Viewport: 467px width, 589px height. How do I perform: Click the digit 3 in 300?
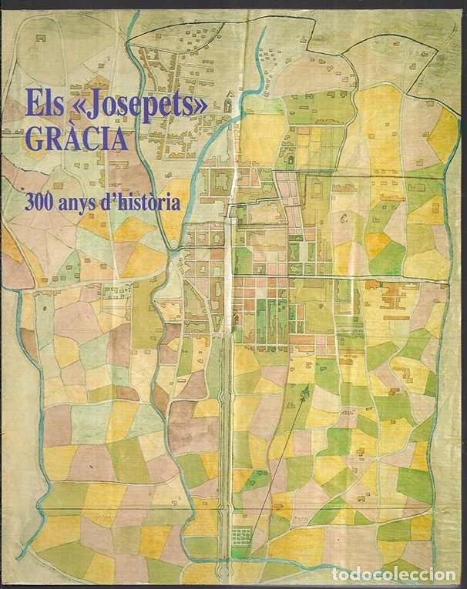click(x=30, y=202)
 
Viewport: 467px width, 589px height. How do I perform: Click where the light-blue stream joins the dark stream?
click(x=176, y=252)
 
